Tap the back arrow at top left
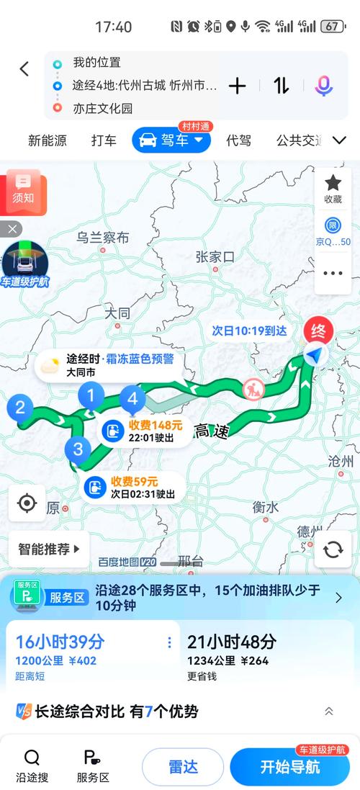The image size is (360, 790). pyautogui.click(x=24, y=69)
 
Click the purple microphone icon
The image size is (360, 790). pyautogui.click(x=323, y=86)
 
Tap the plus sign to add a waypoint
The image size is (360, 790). pyautogui.click(x=238, y=86)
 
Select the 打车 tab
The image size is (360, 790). pyautogui.click(x=104, y=140)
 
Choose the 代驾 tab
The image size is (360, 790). pyautogui.click(x=238, y=140)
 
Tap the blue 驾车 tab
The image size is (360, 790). pyautogui.click(x=171, y=140)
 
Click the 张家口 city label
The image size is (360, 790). pyautogui.click(x=215, y=256)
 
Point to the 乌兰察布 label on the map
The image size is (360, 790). pyautogui.click(x=103, y=238)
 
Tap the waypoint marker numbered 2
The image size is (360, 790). pyautogui.click(x=20, y=408)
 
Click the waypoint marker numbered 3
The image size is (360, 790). pyautogui.click(x=78, y=450)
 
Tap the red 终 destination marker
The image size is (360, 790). pyautogui.click(x=316, y=332)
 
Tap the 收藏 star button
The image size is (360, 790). pyautogui.click(x=333, y=188)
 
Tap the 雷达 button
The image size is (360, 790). pyautogui.click(x=183, y=766)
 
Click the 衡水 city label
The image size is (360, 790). pyautogui.click(x=265, y=506)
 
